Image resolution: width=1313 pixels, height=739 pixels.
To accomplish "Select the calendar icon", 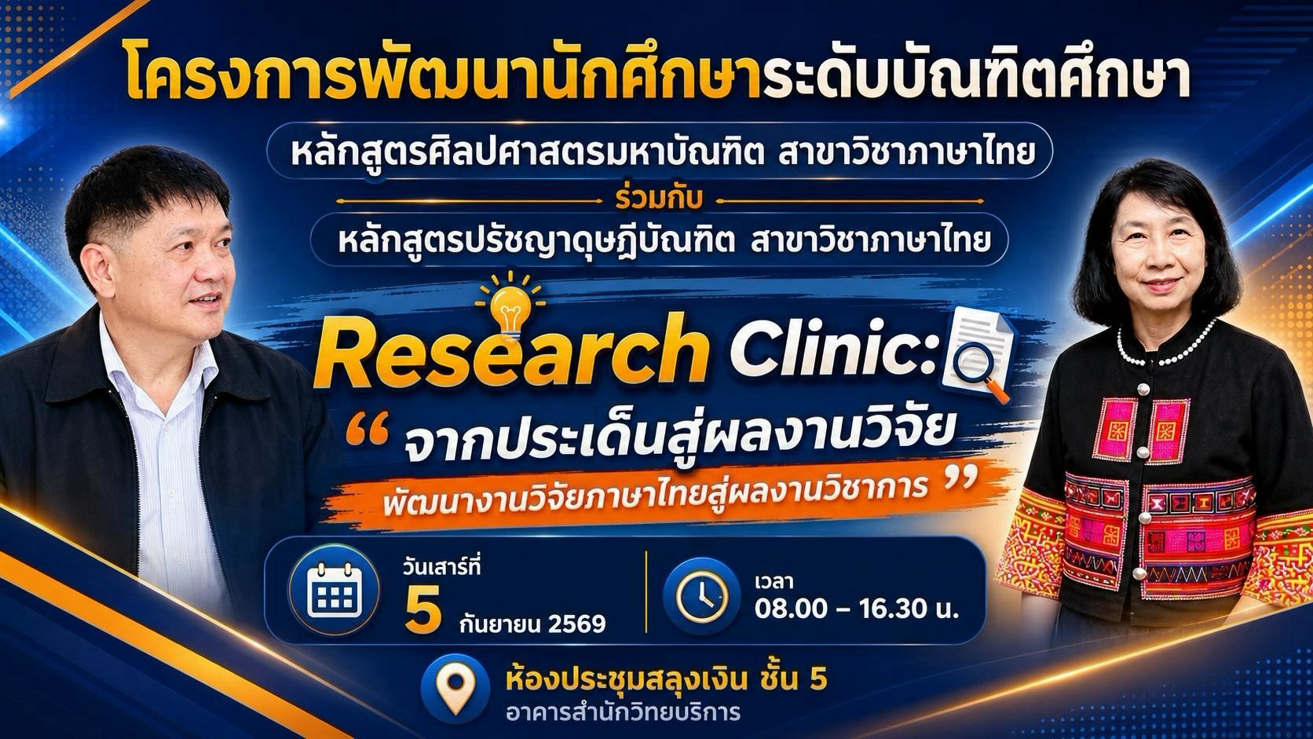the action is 334,590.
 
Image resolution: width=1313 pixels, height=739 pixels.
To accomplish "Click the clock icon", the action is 701,597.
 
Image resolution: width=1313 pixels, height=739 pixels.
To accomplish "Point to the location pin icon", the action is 456,687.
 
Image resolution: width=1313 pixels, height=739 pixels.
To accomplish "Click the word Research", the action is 510,351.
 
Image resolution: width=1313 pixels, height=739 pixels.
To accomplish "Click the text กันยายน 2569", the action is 532,622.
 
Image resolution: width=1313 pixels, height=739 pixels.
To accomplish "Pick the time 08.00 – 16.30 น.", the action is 857,609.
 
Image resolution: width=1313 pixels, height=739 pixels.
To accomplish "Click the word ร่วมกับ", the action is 659,199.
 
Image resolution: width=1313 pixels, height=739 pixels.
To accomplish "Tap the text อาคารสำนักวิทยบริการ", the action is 623,712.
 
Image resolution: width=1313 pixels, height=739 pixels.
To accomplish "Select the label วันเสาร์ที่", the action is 441,567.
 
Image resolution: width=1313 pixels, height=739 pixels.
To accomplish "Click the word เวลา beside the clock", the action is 774,582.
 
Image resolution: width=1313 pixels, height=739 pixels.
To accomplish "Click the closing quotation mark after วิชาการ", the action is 962,479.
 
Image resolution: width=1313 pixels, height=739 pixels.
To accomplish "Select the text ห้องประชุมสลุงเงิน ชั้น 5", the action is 667,680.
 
